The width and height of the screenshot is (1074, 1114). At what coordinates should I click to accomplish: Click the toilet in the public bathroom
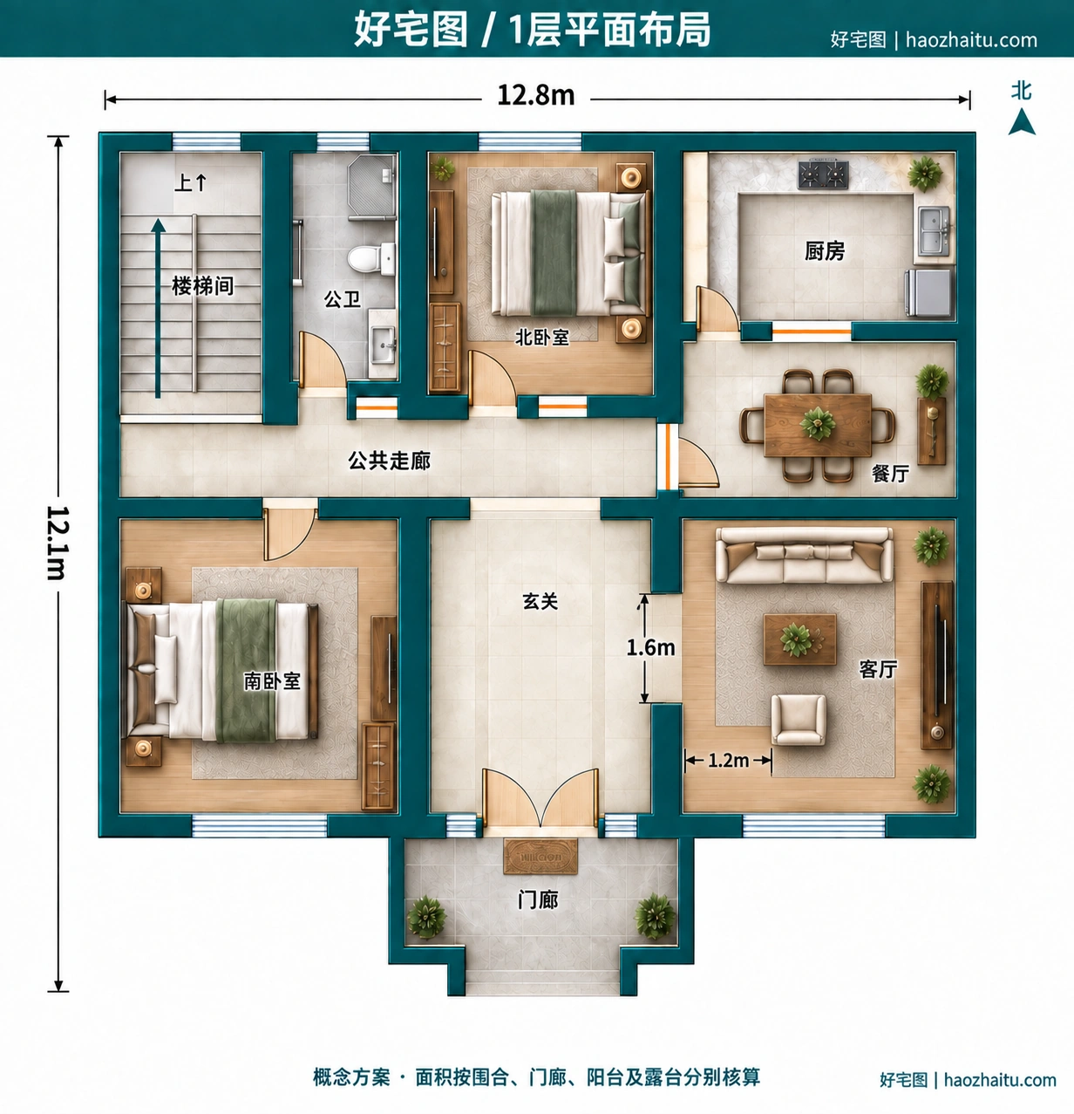pyautogui.click(x=372, y=258)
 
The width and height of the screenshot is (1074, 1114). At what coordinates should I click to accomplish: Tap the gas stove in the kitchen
pyautogui.click(x=824, y=174)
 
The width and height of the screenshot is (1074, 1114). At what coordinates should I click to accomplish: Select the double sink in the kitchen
pyautogui.click(x=934, y=231)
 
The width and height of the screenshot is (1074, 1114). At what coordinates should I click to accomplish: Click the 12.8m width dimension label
pyautogui.click(x=535, y=96)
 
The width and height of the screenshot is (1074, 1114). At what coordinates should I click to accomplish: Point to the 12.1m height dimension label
pyautogui.click(x=58, y=542)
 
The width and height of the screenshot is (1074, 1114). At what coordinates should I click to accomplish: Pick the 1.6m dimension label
pyautogui.click(x=650, y=647)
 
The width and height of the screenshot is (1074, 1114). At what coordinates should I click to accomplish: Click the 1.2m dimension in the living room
pyautogui.click(x=729, y=760)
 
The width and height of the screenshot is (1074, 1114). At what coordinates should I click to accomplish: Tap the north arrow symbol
pyautogui.click(x=1022, y=123)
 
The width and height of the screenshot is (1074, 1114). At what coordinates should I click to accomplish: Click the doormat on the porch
pyautogui.click(x=540, y=857)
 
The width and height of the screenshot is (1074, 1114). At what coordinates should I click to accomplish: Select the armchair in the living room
pyautogui.click(x=799, y=720)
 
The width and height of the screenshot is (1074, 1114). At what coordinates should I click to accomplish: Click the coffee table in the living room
pyautogui.click(x=800, y=639)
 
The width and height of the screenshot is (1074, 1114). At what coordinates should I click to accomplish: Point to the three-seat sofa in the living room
pyautogui.click(x=804, y=556)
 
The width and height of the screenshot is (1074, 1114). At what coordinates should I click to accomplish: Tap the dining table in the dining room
pyautogui.click(x=818, y=426)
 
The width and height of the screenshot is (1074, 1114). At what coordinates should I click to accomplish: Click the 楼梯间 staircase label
pyautogui.click(x=203, y=285)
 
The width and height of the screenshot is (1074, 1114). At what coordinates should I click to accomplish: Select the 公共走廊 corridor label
pyautogui.click(x=390, y=461)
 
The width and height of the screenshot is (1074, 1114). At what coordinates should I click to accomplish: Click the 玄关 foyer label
pyautogui.click(x=540, y=602)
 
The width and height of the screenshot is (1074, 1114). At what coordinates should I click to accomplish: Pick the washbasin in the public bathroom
pyautogui.click(x=382, y=345)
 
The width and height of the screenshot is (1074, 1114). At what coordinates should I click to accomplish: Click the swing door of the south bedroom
pyautogui.click(x=289, y=534)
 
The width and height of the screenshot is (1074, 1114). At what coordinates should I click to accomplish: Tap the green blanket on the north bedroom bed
pyautogui.click(x=554, y=252)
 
